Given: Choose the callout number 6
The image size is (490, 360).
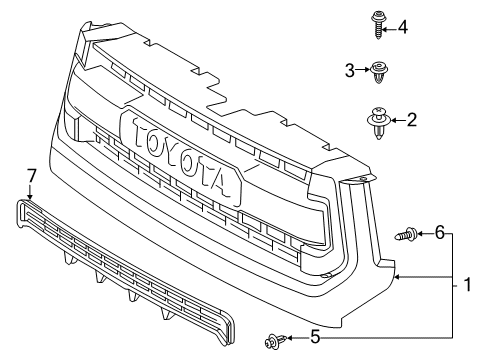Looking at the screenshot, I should coord(439,233).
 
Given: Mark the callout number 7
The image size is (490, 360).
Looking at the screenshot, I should coord(31,177).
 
